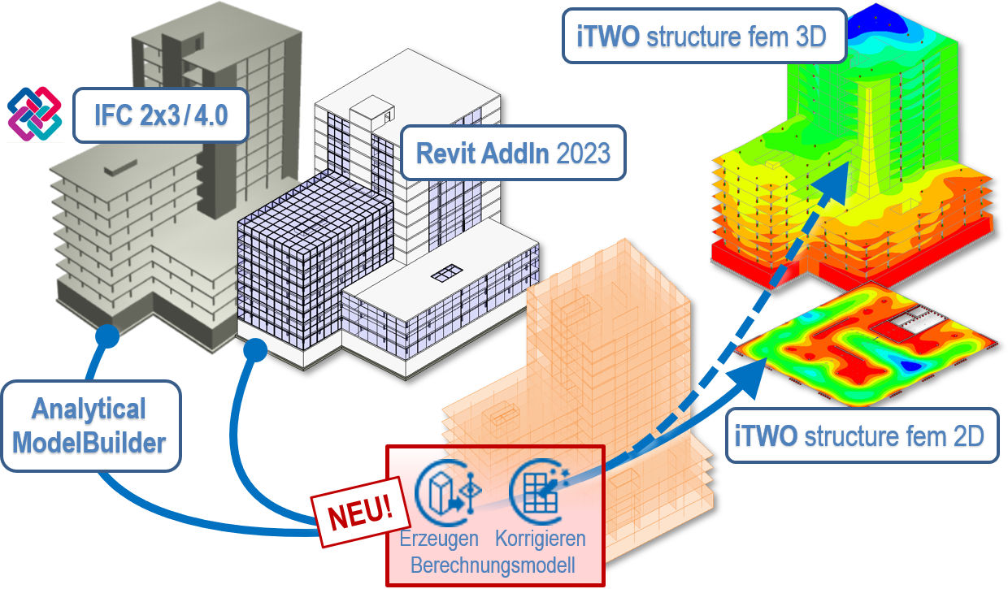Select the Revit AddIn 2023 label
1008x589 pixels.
(513, 152)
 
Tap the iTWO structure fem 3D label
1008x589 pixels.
(704, 37)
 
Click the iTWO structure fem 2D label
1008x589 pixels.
(858, 435)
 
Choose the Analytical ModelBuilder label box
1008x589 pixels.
(90, 426)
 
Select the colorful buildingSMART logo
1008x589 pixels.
(34, 110)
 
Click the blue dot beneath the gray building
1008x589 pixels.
(103, 334)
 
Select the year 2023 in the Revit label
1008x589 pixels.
(583, 153)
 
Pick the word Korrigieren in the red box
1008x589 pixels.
(540, 539)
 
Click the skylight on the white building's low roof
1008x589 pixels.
(447, 271)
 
